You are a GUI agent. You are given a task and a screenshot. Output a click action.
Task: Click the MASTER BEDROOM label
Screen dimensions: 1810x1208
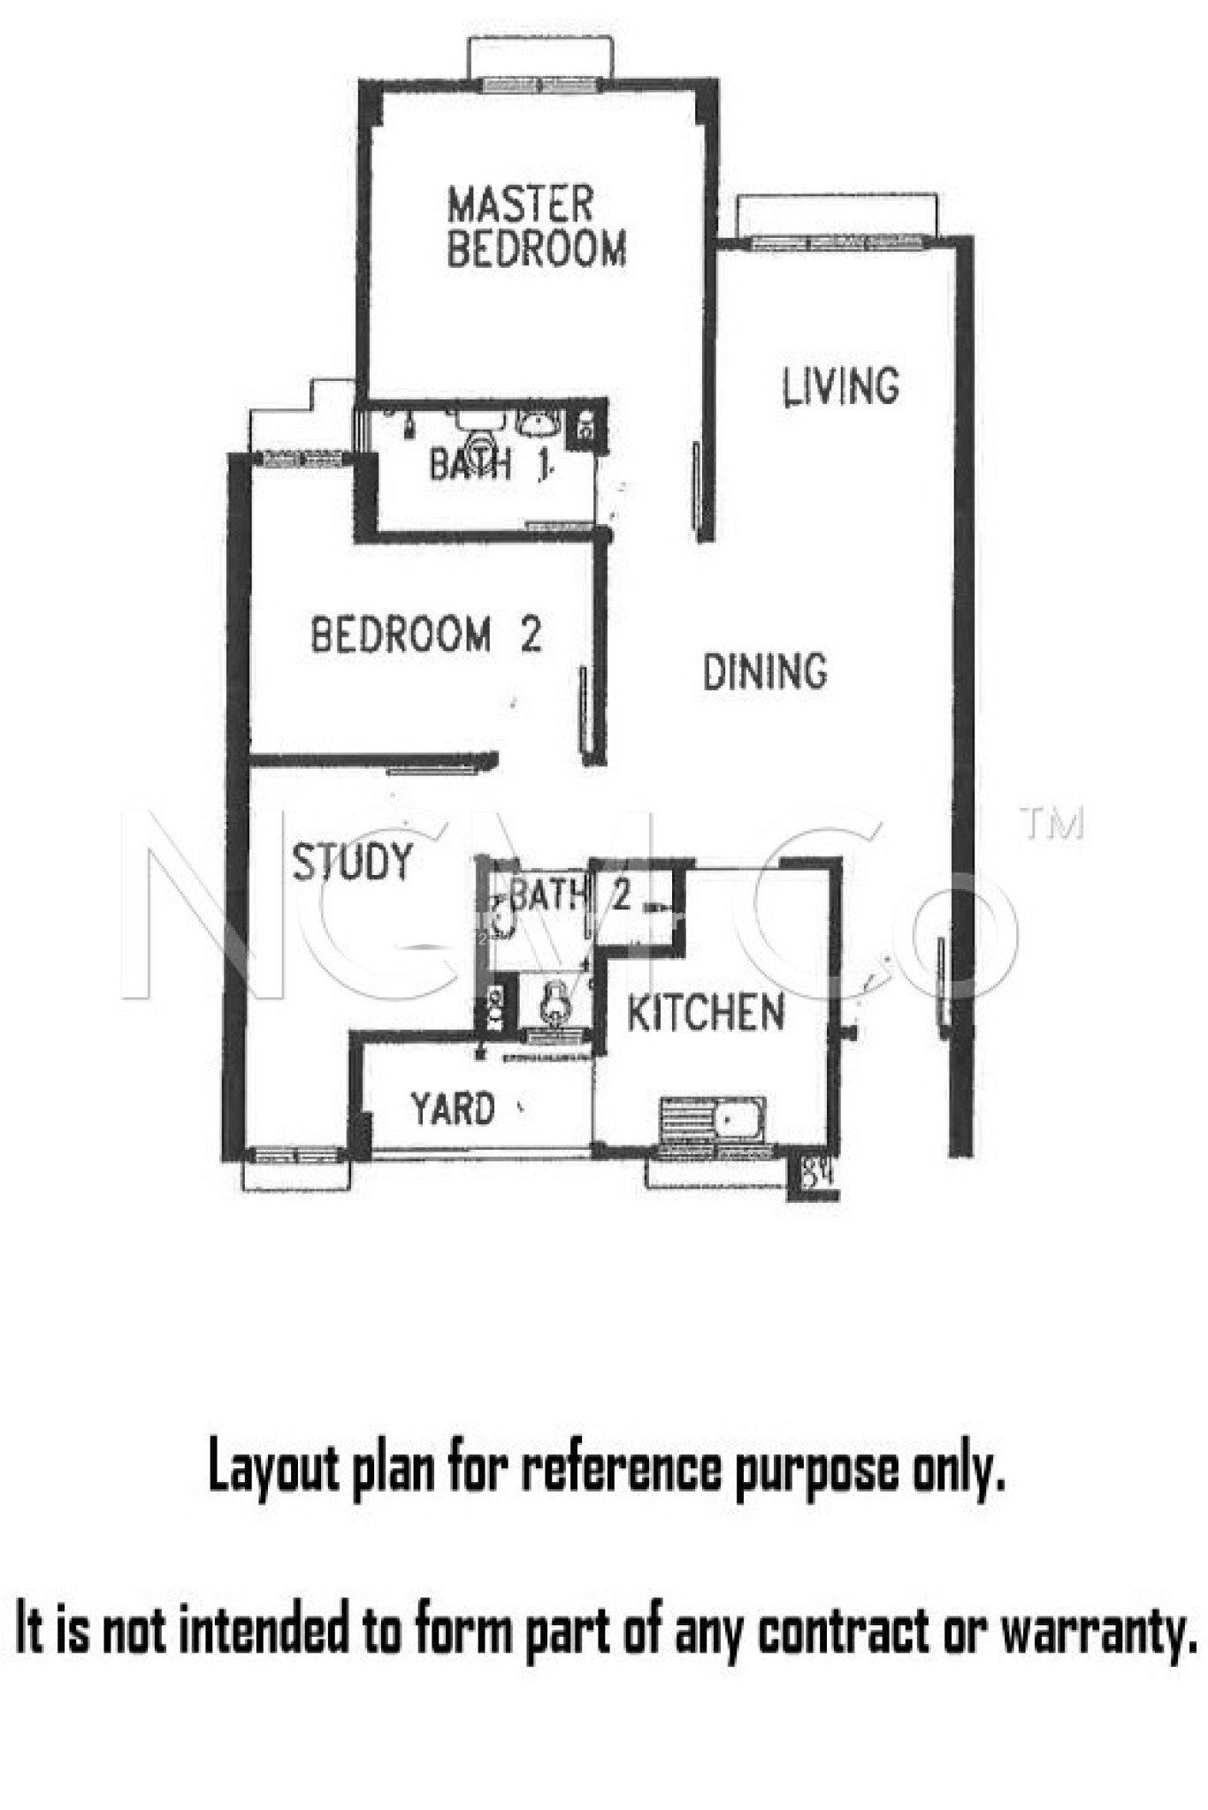536,226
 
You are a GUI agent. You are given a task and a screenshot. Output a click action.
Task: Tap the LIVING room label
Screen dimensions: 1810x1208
841,387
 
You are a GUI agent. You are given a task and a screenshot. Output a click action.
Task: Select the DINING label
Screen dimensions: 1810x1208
765,672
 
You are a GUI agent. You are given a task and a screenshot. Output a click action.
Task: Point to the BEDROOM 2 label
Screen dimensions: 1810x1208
425,635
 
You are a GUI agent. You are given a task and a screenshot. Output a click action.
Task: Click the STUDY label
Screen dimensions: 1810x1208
352,863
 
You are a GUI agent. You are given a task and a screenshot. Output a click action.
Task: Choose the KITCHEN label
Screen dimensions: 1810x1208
706,1013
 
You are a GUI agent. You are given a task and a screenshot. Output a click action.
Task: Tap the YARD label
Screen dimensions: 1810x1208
453,1108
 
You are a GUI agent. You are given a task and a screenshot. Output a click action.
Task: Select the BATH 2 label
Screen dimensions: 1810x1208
570,896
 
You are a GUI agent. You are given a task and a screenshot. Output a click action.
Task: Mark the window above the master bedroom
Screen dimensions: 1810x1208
539,85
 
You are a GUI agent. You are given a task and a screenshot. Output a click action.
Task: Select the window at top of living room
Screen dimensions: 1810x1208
837,241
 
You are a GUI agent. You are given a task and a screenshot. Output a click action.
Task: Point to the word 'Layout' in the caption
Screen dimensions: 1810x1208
273,1470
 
